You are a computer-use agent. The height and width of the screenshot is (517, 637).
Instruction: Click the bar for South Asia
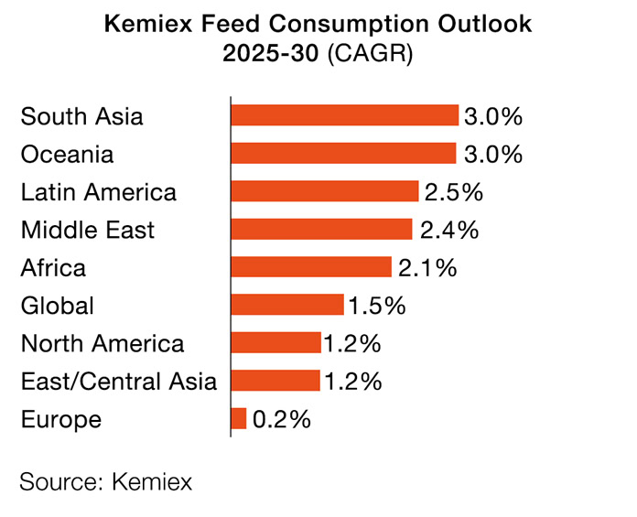point(344,115)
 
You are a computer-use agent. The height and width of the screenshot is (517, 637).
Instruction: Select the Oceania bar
point(343,153)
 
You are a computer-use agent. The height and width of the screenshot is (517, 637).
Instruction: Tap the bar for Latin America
point(325,191)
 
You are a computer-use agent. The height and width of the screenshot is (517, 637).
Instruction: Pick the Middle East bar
point(321,229)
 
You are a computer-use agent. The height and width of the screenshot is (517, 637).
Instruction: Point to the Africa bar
point(311,267)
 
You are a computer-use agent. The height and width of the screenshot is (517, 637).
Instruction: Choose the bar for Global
point(287,305)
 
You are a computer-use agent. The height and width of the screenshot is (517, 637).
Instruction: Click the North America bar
point(276,343)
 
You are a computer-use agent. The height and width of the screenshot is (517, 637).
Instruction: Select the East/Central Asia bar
point(275,381)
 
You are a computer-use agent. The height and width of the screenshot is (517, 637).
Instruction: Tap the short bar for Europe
point(239,419)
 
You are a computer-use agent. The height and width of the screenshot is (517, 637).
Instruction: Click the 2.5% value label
point(453,192)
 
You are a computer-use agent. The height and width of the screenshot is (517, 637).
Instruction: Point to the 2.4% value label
point(448,230)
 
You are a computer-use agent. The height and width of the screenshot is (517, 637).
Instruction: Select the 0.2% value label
point(282,420)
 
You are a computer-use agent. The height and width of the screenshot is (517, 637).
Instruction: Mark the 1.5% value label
point(376,306)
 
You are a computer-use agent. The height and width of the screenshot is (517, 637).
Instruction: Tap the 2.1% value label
point(426,268)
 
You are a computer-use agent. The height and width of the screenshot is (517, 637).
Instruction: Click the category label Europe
point(60,420)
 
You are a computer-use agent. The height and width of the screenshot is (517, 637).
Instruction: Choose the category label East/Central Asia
point(119,382)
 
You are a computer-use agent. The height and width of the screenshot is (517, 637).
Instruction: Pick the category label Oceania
point(67,154)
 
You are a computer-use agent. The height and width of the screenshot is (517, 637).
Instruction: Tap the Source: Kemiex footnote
point(106,481)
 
